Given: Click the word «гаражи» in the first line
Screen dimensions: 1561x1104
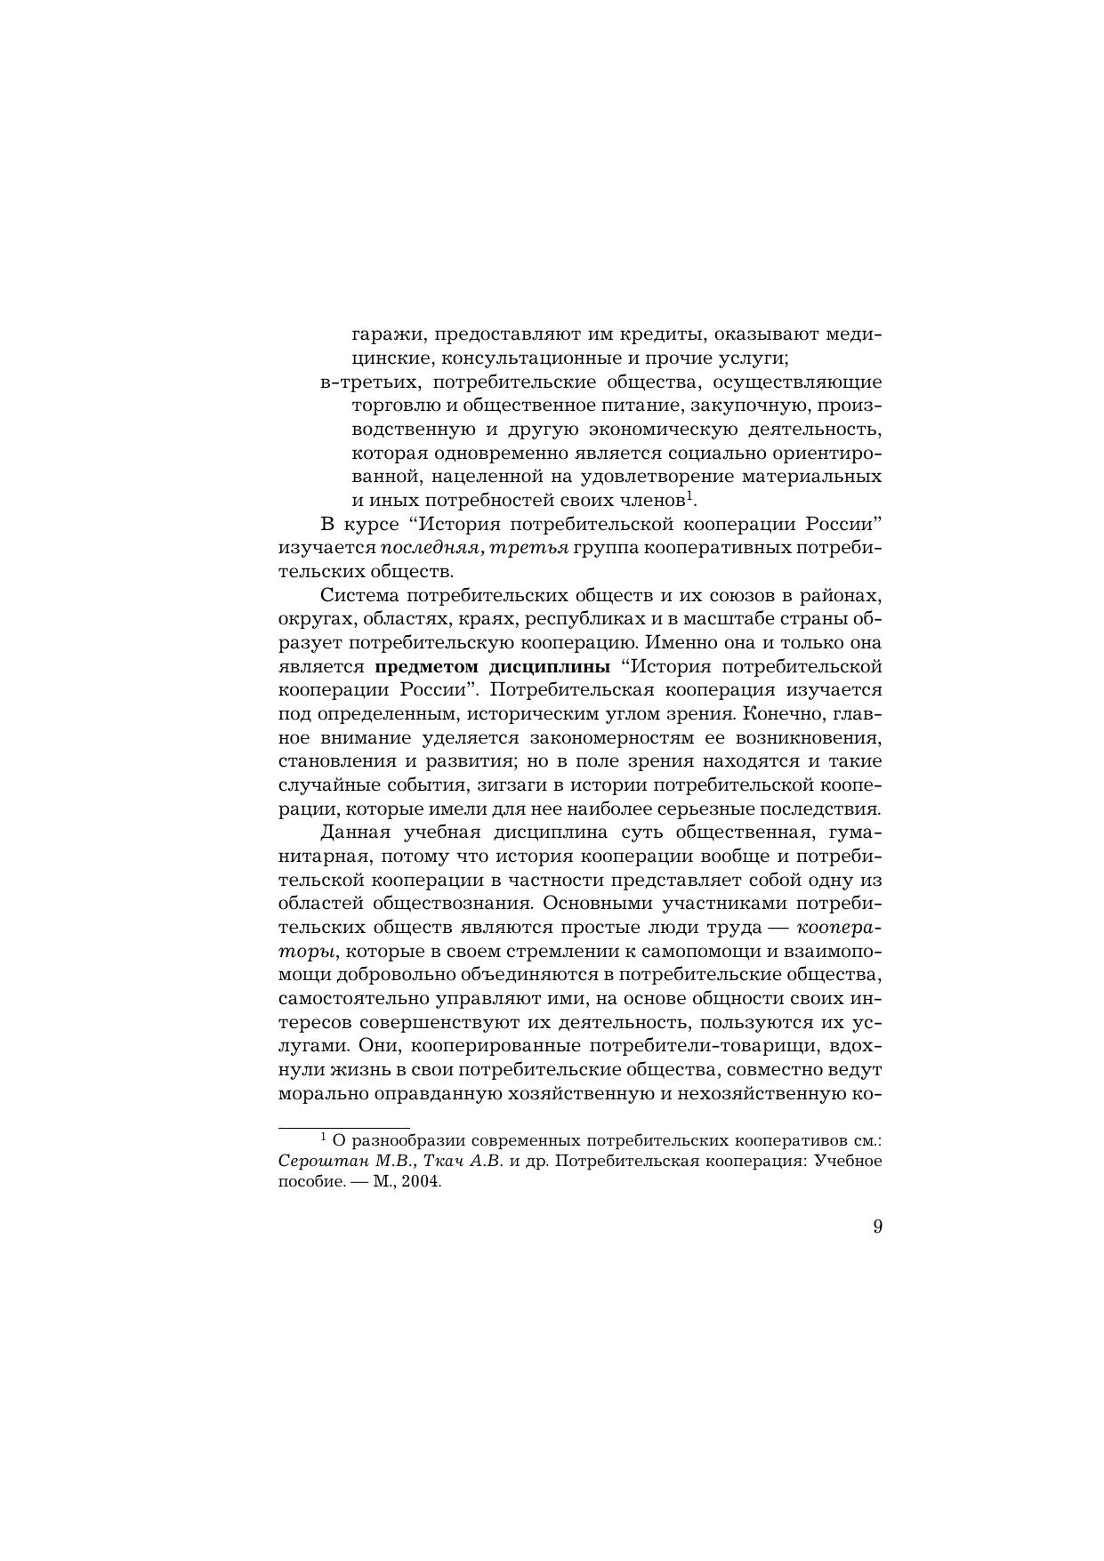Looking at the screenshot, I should (x=378, y=336).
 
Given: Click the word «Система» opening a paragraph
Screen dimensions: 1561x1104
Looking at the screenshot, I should (x=357, y=594).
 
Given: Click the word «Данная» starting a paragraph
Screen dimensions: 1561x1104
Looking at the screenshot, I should (x=355, y=833).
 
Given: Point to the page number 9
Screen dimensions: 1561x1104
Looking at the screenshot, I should (x=877, y=1227).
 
